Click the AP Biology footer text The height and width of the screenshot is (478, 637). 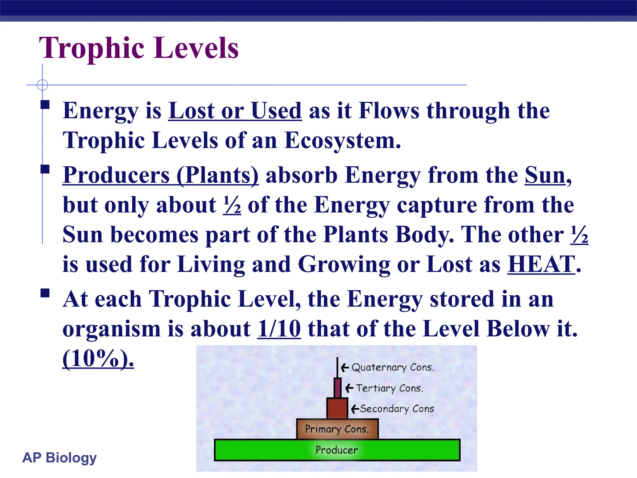tap(59, 458)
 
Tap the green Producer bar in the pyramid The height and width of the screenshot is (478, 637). tap(337, 450)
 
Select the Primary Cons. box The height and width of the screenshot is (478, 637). tap(337, 429)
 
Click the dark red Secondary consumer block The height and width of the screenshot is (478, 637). tap(337, 408)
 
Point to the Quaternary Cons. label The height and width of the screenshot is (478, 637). tap(393, 368)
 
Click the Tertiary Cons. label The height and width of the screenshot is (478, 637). tap(389, 388)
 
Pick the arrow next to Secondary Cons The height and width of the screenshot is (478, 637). tap(355, 409)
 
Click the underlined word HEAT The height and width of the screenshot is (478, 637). tap(541, 264)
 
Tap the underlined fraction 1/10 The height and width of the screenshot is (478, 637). tap(279, 329)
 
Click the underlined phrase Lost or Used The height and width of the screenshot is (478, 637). tap(235, 111)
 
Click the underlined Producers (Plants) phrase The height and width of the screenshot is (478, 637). tap(160, 175)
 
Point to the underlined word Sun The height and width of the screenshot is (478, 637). tap(545, 175)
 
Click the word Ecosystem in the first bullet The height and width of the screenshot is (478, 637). tap(342, 140)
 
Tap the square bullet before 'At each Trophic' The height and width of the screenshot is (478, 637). tap(45, 293)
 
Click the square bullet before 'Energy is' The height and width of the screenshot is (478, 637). tap(45, 105)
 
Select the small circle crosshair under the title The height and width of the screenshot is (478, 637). tap(42, 85)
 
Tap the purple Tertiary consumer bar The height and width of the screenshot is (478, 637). tap(337, 388)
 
